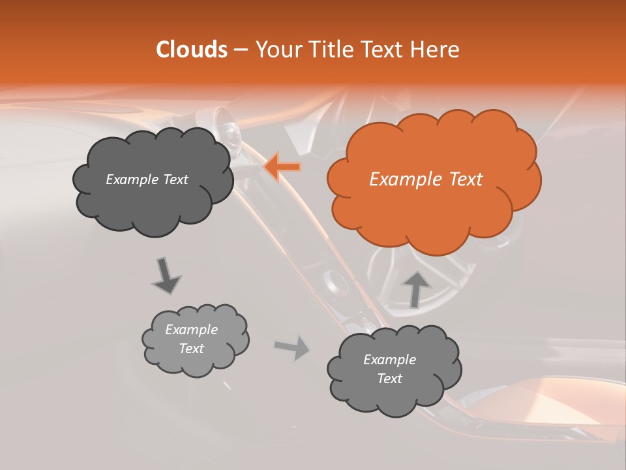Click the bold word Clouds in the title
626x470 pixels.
tap(192, 50)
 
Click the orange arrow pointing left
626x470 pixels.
tap(283, 167)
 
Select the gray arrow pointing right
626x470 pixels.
tap(293, 347)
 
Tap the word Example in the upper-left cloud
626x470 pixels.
tap(131, 180)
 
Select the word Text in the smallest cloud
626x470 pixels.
tap(192, 349)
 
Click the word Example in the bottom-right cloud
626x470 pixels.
tap(389, 360)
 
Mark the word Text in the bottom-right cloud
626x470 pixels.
tap(389, 379)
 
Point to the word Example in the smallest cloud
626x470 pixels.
tap(192, 330)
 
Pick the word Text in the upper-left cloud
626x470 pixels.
tap(174, 180)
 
